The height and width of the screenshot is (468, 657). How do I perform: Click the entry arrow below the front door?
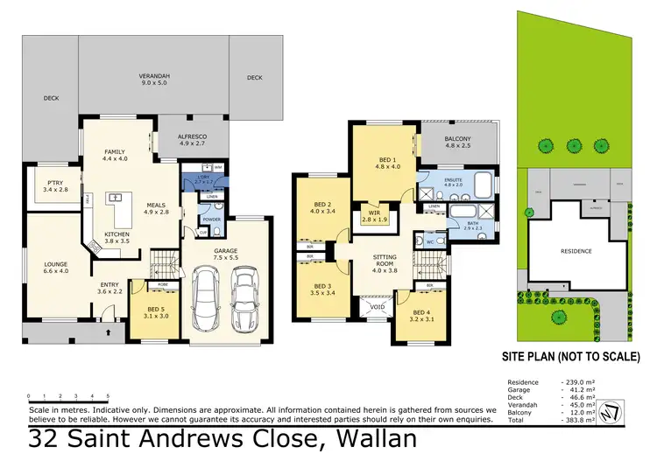click(x=108, y=334)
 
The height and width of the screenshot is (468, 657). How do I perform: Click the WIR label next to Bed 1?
click(x=374, y=213)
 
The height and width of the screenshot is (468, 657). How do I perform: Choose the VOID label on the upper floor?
click(x=378, y=306)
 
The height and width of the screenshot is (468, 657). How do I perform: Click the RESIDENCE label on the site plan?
click(x=576, y=251)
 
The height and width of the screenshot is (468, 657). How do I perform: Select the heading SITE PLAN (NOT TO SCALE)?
click(x=570, y=357)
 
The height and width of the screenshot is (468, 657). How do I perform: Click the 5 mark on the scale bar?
click(x=108, y=396)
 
